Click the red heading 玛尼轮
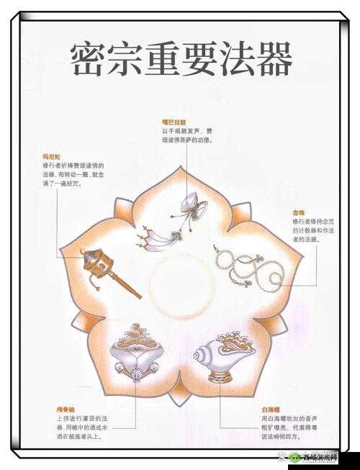click(x=52, y=155)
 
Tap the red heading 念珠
click(x=298, y=212)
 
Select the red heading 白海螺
click(x=271, y=409)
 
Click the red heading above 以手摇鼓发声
click(x=174, y=122)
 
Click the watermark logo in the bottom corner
click(x=314, y=458)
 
